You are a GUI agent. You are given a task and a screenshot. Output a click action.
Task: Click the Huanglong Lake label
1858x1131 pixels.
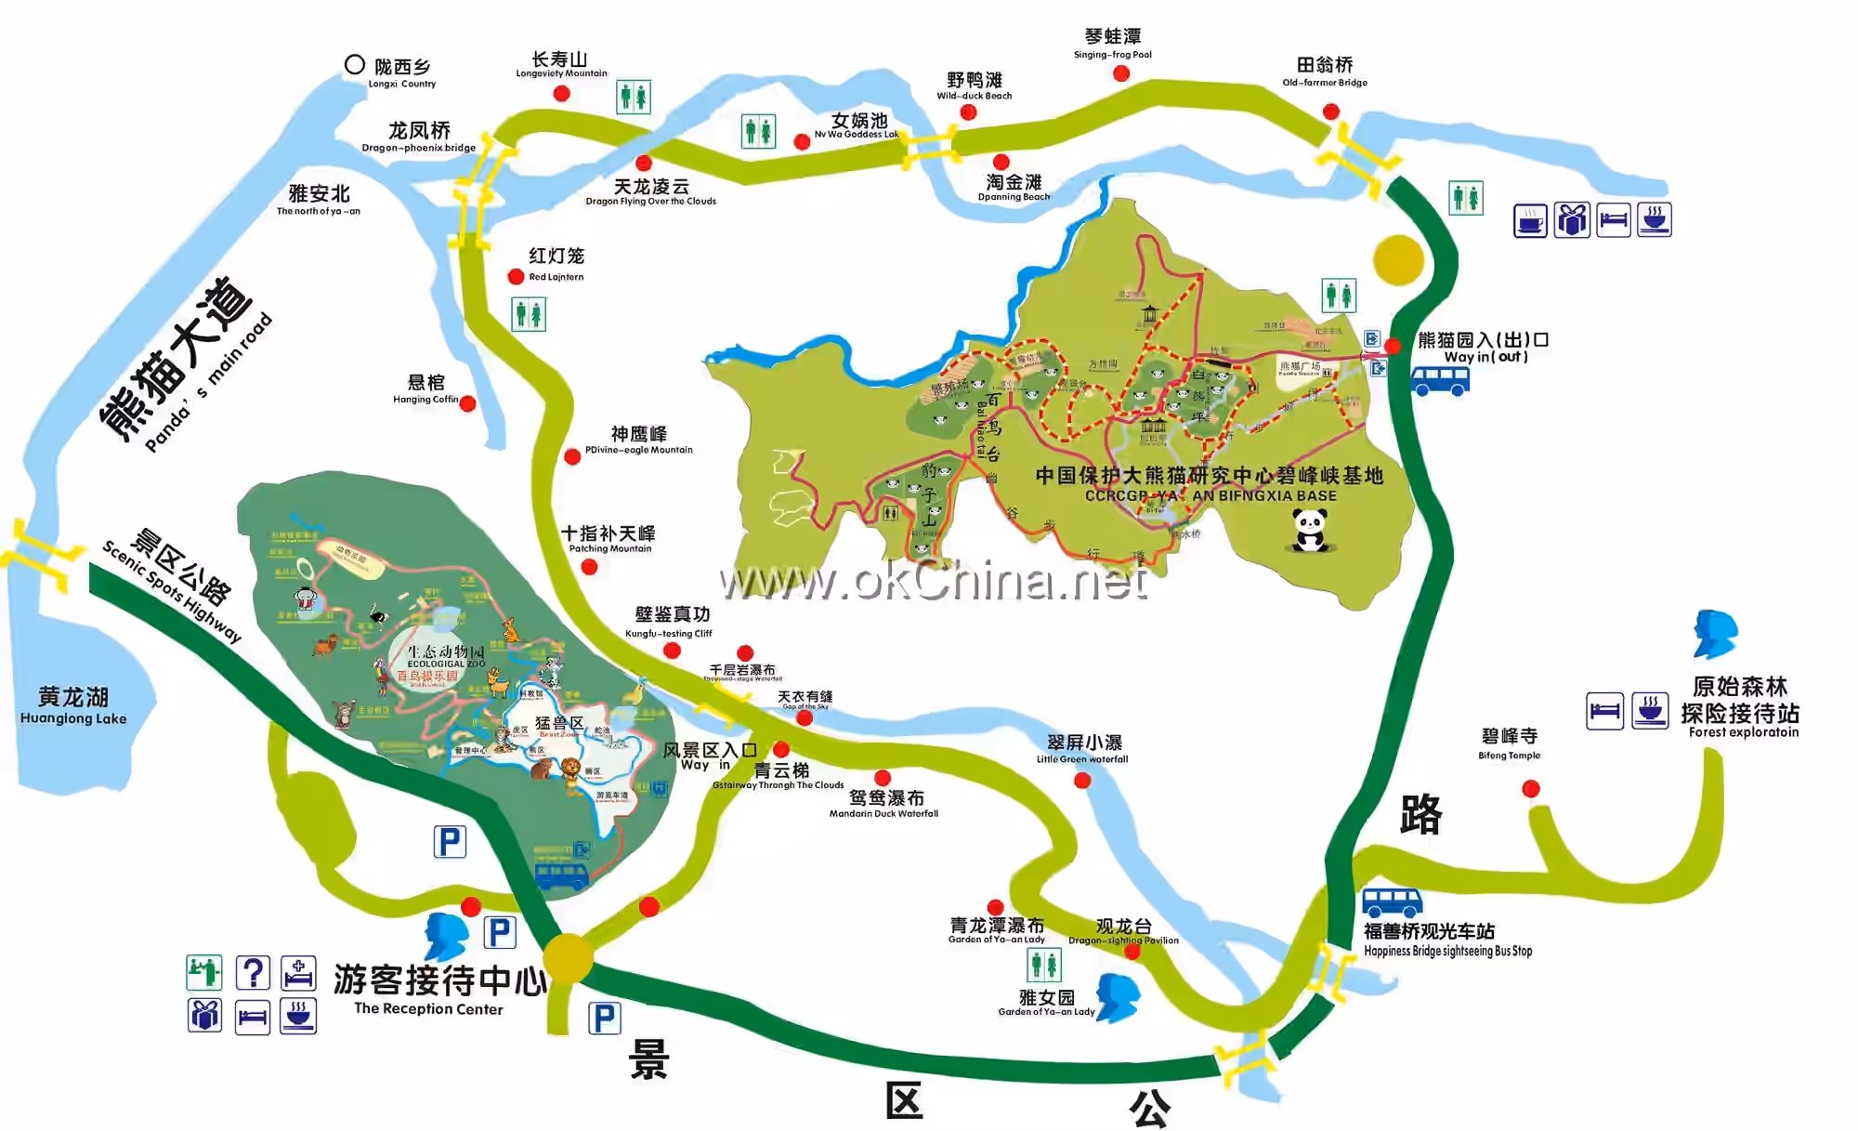point(73,705)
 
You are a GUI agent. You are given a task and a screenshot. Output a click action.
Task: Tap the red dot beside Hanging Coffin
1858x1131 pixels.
point(468,403)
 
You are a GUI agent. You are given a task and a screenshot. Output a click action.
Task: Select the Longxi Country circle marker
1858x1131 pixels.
point(354,64)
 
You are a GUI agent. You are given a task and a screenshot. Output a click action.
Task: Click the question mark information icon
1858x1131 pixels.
point(253,973)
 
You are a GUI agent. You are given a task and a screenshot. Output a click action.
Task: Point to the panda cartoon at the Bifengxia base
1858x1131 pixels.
point(1310,533)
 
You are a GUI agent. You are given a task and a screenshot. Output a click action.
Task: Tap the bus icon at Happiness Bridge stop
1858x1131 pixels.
point(1392,901)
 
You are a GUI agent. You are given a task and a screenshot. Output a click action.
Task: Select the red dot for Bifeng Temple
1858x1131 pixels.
point(1531,789)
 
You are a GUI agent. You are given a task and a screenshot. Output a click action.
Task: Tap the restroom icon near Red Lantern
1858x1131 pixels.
point(529,314)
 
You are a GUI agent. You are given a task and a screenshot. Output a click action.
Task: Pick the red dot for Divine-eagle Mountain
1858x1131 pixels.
point(572,456)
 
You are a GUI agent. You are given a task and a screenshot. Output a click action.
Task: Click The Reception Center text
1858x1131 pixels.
point(428,1008)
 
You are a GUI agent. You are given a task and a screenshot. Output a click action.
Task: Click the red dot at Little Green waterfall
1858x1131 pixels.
point(1082,781)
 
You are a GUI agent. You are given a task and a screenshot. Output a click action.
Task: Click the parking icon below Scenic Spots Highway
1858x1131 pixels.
point(450,842)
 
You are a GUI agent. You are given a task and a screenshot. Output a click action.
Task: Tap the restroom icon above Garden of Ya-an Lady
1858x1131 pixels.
point(1044,966)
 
